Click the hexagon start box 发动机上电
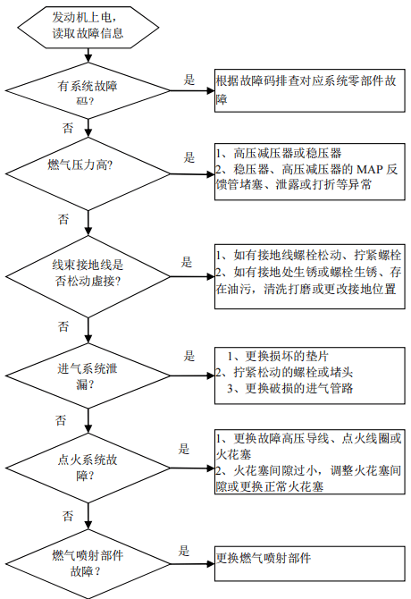88,27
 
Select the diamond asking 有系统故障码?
88,91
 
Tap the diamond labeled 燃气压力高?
88,173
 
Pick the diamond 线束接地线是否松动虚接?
88,276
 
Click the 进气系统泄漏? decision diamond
88,375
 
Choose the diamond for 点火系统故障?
88,468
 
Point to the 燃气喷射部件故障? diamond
88,564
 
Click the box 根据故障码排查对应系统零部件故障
309,90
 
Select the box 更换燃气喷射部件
309,564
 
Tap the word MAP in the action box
369,169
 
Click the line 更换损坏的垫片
278,356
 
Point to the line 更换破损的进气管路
290,389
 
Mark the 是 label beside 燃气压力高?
189,157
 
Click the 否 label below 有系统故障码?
68,128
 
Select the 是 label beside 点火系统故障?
184,449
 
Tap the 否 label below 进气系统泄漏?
61,420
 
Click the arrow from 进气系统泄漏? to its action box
193,375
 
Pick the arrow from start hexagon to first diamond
88,55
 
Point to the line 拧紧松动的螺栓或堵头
284,372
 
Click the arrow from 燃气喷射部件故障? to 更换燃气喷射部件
193,564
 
